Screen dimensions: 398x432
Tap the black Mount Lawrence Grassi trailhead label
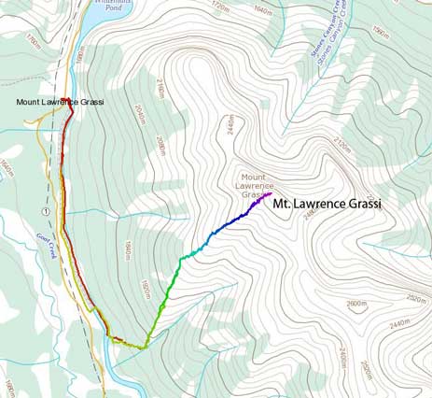click(x=58, y=101)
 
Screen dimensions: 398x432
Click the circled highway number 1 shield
click(x=45, y=213)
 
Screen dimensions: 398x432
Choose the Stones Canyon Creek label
click(x=322, y=42)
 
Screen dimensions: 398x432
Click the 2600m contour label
click(x=359, y=304)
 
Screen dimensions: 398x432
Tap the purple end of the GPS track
click(x=268, y=194)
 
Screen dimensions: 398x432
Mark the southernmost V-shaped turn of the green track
click(x=145, y=347)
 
